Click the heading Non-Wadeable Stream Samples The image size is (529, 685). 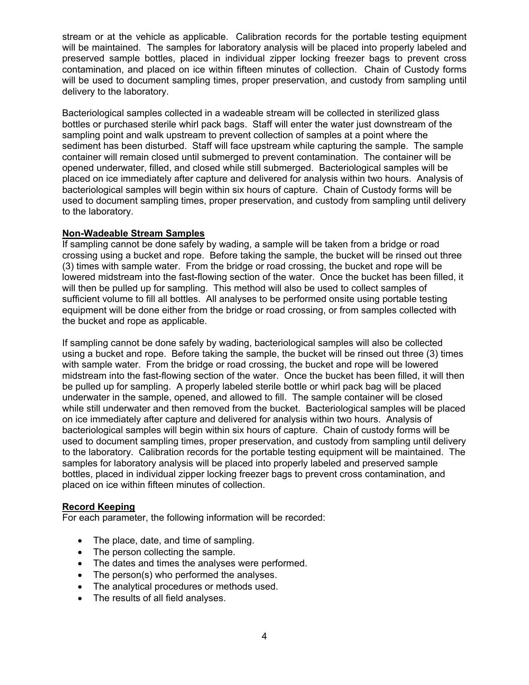133,233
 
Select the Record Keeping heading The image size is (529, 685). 98,507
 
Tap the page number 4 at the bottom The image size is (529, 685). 264,636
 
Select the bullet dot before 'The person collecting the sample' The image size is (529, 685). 80,552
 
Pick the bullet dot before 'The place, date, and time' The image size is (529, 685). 80,541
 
